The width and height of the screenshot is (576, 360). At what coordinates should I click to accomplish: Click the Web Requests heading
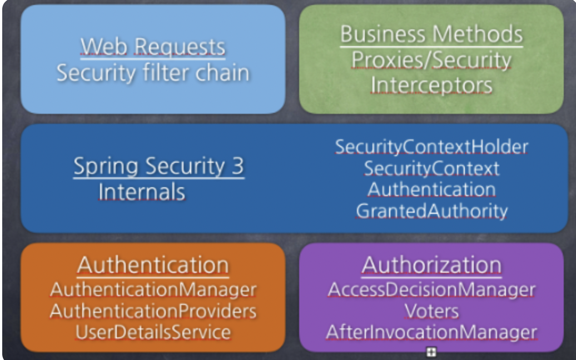point(153,46)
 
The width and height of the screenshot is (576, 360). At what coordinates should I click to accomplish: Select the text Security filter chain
point(153,73)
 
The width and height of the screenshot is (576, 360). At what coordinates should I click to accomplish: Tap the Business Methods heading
point(431,34)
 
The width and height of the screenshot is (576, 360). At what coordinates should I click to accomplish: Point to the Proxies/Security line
point(431,60)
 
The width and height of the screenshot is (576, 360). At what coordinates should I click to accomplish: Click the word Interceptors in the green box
point(431,85)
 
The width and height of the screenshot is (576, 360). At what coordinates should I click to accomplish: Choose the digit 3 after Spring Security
point(237,166)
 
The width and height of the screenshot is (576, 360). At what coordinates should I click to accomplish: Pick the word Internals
point(142,192)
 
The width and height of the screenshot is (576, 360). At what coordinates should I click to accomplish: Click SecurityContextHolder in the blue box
point(431,147)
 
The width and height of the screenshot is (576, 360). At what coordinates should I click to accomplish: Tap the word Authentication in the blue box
point(431,189)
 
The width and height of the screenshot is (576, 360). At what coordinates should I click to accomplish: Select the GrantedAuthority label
point(431,211)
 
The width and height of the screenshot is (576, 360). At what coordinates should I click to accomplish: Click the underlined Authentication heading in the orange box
point(153,265)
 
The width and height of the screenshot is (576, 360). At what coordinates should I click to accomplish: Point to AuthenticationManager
point(153,289)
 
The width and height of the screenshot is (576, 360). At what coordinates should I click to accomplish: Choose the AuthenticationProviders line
point(153,311)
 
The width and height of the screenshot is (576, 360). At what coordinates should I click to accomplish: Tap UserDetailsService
point(153,332)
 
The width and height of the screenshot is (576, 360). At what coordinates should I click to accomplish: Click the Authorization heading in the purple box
point(431,265)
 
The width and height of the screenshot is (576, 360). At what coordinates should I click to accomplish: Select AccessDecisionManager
point(431,289)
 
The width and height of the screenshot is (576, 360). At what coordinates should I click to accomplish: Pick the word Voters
point(431,311)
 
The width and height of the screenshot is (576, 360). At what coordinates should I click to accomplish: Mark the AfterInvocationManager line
point(431,332)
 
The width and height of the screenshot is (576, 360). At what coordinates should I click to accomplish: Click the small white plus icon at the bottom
point(431,352)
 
